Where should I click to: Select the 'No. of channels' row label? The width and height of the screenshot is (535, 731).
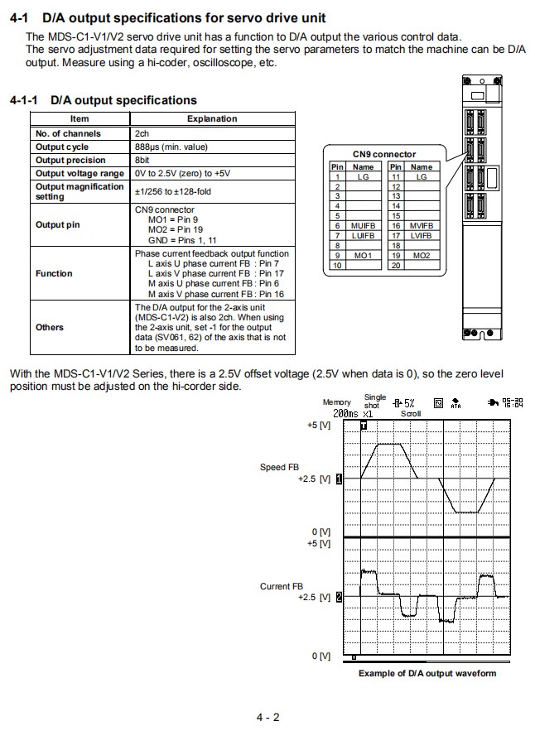point(68,133)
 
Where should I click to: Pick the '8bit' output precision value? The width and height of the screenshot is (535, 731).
point(144,160)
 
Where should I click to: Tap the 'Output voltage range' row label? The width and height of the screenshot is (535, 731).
point(80,173)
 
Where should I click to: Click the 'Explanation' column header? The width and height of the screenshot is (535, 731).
point(212,119)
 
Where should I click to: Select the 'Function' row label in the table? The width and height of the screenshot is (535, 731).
point(54,273)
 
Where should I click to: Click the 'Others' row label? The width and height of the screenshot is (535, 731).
point(50,327)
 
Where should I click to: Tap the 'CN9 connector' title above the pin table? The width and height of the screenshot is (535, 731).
point(384,154)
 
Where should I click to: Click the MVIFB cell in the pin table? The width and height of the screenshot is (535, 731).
point(422,225)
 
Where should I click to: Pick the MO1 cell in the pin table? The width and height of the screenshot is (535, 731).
point(363,256)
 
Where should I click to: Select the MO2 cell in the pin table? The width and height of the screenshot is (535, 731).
point(422,256)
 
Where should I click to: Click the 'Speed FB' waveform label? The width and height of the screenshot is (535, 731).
point(279,467)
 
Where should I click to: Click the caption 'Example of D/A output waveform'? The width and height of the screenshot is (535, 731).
point(427,673)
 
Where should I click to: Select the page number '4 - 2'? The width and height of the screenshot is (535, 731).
point(267,717)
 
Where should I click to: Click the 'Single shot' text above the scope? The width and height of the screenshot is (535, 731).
point(375,401)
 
